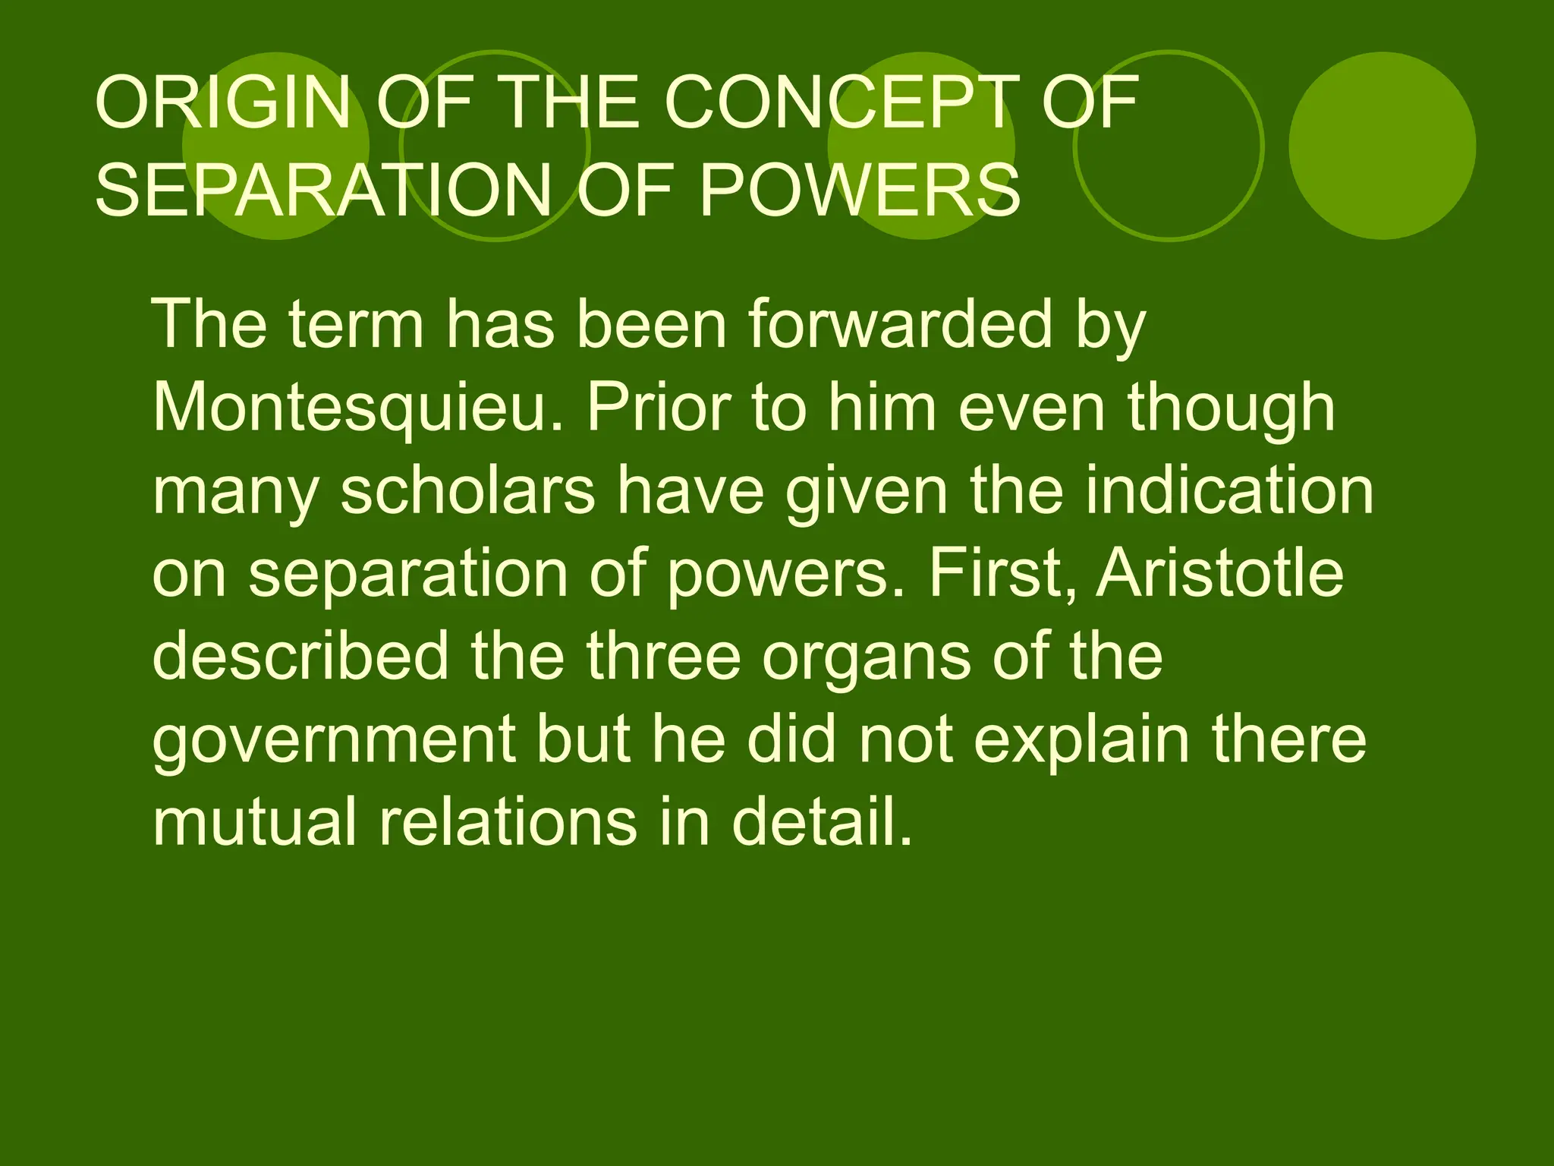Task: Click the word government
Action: (334, 739)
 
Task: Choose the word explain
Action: (1081, 739)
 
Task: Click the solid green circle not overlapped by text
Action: (1382, 146)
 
